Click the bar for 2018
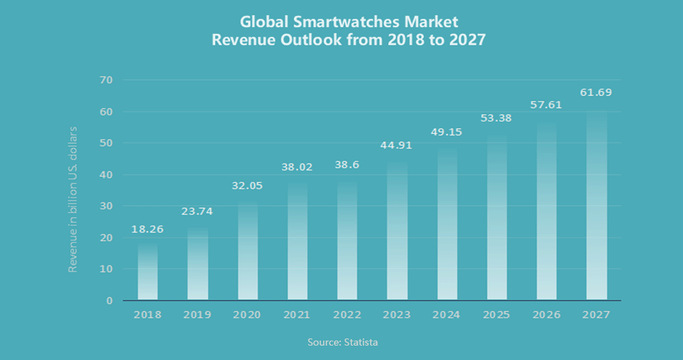click(148, 272)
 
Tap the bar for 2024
click(447, 224)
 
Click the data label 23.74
click(197, 211)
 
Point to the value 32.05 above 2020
click(247, 185)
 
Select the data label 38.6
click(347, 164)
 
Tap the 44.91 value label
click(397, 145)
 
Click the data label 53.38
click(497, 118)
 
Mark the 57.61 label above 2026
click(546, 104)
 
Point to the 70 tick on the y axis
click(106, 79)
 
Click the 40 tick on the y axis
click(106, 174)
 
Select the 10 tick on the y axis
click(106, 269)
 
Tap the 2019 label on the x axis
click(197, 315)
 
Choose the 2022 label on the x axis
click(347, 315)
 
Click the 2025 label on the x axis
click(497, 315)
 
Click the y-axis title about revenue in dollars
click(73, 199)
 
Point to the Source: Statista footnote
click(342, 342)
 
